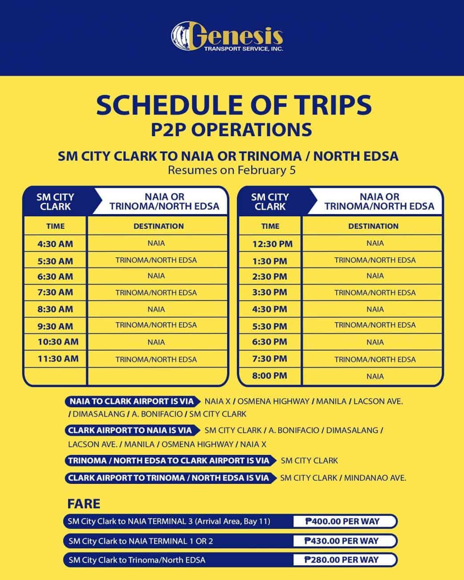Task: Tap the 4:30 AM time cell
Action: pos(55,244)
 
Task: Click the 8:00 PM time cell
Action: pos(269,376)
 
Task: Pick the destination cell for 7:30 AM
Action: pos(156,292)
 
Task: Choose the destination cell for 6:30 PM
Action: pos(375,342)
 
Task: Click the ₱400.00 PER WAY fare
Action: pos(342,521)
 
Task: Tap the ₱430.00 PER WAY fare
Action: pos(342,541)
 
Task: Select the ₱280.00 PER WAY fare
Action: pos(342,560)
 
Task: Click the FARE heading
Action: pos(84,504)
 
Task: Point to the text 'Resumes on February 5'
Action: pos(232,170)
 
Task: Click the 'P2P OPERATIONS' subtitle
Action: pos(231,130)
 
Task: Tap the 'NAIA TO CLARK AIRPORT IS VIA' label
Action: pos(132,402)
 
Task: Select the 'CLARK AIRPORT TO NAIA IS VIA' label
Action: pos(130,430)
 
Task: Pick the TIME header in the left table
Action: pos(55,226)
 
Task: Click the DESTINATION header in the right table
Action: pos(373,226)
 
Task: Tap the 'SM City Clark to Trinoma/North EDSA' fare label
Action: pos(137,560)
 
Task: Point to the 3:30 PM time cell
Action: pos(269,292)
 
